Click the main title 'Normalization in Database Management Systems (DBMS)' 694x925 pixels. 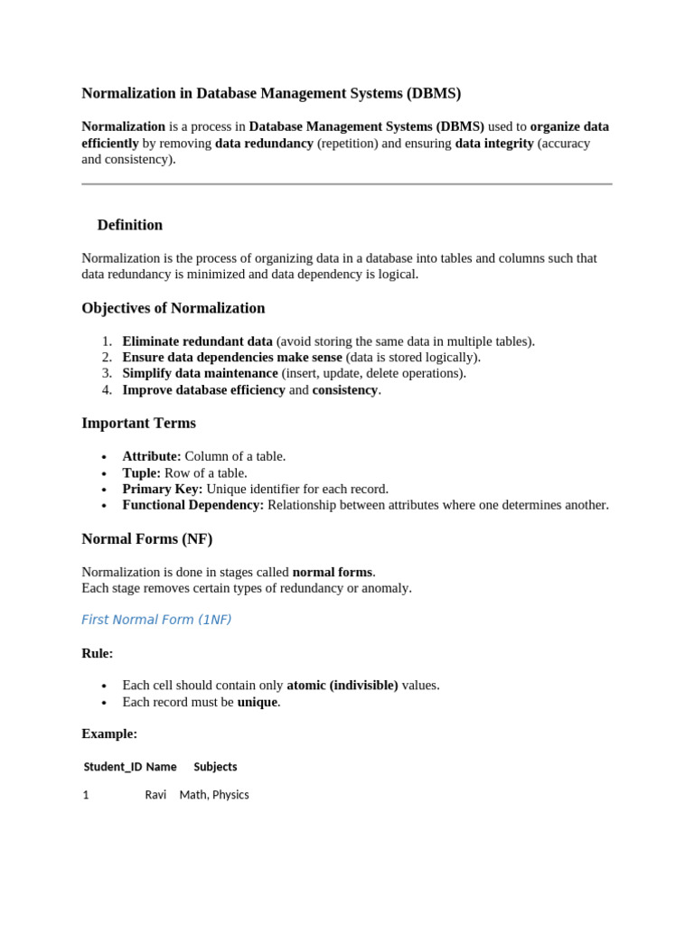[x=271, y=93]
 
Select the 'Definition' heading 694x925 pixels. [x=130, y=225]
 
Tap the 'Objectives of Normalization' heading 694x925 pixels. [x=173, y=308]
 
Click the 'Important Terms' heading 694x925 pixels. [x=138, y=423]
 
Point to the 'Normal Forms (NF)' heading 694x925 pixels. [x=146, y=538]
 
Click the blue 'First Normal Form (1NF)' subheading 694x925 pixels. [x=156, y=620]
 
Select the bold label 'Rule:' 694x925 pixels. [x=98, y=653]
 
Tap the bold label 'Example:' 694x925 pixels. [x=109, y=733]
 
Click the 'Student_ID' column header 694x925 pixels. [x=113, y=767]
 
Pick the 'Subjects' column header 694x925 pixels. [x=215, y=767]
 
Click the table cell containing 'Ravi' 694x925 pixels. [x=155, y=795]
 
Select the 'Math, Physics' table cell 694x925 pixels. [x=214, y=795]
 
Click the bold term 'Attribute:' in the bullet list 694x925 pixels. [x=152, y=456]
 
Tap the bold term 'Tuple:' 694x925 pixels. [x=142, y=472]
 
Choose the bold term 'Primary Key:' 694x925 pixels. [x=163, y=489]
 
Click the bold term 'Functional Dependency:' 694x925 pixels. [x=193, y=505]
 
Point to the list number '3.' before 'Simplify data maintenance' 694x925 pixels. [x=107, y=373]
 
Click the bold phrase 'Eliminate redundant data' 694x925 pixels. [x=197, y=341]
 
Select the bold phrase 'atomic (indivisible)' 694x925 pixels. [x=342, y=685]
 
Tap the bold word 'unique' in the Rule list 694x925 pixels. [x=258, y=702]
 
